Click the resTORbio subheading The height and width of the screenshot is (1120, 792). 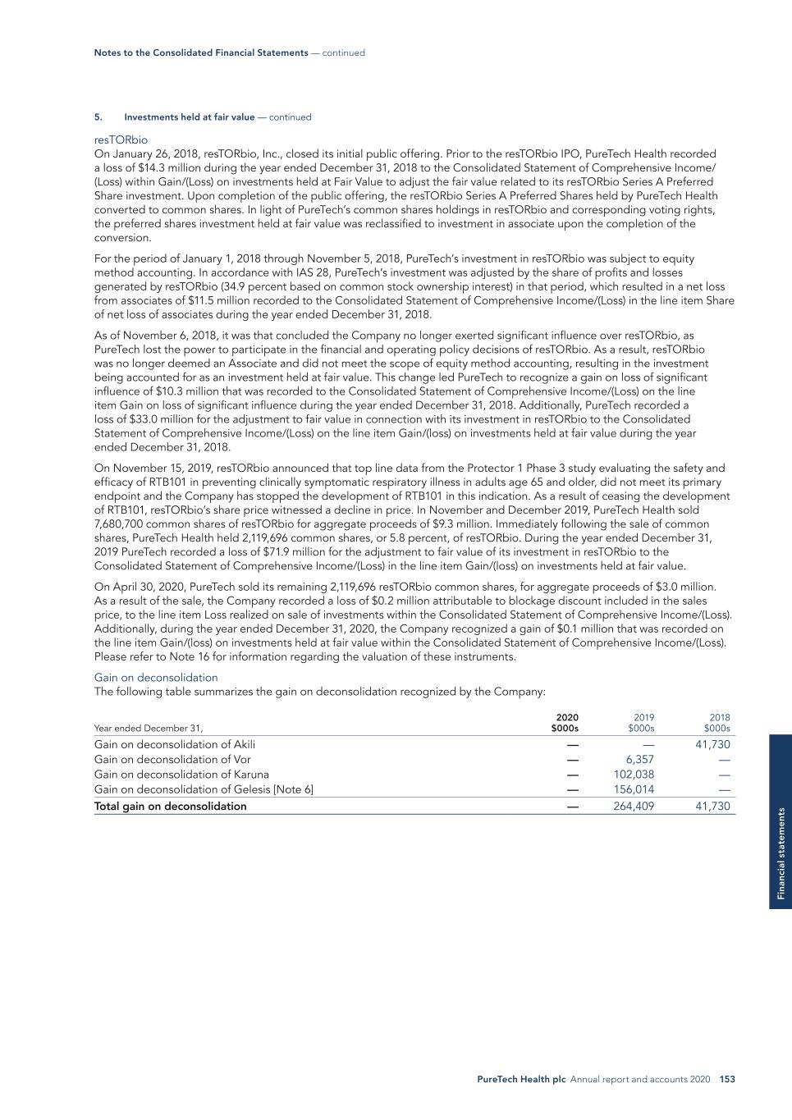[x=121, y=140]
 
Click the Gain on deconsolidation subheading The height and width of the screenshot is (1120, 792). [x=156, y=678]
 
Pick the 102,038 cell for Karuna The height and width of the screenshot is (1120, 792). [x=634, y=775]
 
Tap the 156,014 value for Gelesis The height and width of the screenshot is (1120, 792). [x=634, y=790]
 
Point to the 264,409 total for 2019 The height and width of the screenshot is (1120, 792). [x=634, y=807]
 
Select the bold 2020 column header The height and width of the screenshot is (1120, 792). [x=566, y=718]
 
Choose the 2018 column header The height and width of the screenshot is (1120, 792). [x=719, y=718]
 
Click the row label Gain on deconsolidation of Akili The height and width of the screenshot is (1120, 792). [x=174, y=744]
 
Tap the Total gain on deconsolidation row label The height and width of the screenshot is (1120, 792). [x=170, y=807]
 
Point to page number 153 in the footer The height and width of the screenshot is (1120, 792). [x=727, y=1080]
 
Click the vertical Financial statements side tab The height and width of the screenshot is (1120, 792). [x=781, y=853]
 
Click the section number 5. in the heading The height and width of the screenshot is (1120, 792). [x=98, y=117]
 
